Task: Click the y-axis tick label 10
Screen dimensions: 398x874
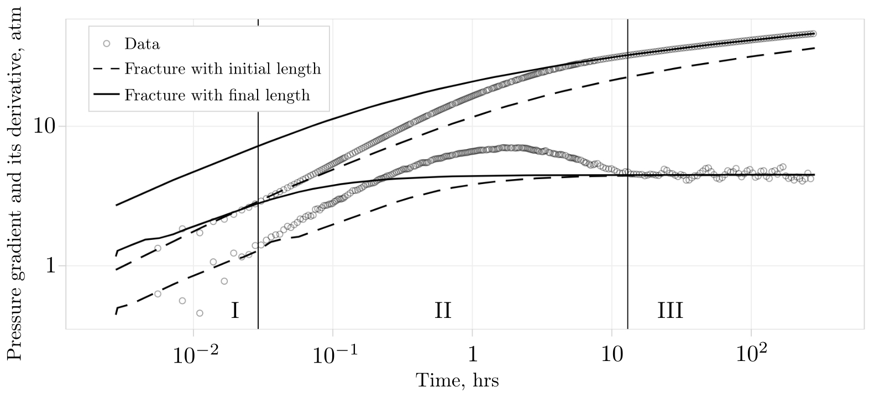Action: click(46, 126)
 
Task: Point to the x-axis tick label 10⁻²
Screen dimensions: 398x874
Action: click(193, 356)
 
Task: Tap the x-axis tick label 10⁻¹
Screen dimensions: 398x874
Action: click(332, 356)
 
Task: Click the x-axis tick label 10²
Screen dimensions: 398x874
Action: click(751, 356)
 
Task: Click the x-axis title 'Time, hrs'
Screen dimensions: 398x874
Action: click(457, 381)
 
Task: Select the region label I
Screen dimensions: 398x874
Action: click(234, 311)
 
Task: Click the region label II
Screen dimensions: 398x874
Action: click(443, 311)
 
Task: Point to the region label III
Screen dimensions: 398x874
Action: click(670, 311)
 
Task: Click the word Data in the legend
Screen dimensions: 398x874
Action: click(142, 44)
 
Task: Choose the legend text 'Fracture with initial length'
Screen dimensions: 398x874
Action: click(222, 69)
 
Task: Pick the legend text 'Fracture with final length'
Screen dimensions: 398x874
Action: click(217, 95)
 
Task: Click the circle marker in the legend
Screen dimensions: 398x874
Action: click(107, 43)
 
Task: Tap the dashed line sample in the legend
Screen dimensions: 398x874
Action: click(107, 69)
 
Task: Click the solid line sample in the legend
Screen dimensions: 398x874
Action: click(107, 95)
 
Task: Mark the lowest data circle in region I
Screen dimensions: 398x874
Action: click(200, 313)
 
